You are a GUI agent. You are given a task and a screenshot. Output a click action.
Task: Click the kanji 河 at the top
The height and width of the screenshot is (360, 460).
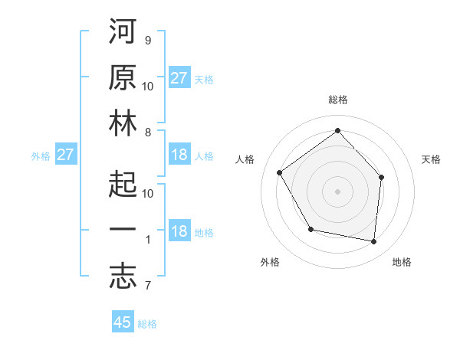click(123, 33)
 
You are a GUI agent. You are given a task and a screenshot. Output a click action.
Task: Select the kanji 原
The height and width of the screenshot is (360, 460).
click(123, 78)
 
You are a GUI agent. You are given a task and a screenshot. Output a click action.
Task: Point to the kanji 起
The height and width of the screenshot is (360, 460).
click(123, 185)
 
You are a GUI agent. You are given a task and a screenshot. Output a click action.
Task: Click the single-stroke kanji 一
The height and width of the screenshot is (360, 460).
click(123, 231)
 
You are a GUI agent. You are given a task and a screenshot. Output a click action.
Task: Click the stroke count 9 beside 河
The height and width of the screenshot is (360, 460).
click(147, 40)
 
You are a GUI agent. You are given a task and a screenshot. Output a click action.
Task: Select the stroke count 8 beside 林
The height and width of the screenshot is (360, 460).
click(147, 132)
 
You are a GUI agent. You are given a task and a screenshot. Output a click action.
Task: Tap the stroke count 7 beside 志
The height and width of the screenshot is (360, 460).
click(147, 286)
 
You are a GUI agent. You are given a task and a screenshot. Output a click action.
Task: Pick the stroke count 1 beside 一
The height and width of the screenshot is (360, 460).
click(147, 240)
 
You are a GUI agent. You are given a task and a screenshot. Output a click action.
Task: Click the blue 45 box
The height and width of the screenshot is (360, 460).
click(123, 322)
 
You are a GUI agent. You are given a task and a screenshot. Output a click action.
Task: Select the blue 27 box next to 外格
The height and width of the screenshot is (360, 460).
click(66, 155)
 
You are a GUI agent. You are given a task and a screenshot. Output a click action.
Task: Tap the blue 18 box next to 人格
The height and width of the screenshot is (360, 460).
click(179, 155)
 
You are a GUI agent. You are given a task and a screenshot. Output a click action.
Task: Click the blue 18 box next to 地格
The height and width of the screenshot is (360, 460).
click(179, 232)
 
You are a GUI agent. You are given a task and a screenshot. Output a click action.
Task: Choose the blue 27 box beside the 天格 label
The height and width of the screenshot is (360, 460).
click(179, 78)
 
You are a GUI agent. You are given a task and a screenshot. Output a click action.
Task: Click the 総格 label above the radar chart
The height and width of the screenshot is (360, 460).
click(337, 100)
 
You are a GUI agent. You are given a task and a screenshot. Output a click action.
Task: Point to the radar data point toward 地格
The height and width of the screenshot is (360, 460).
click(374, 241)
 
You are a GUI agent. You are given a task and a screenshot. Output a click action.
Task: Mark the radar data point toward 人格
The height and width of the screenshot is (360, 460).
click(280, 172)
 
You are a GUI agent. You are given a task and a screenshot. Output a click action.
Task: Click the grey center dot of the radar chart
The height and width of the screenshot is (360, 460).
click(337, 191)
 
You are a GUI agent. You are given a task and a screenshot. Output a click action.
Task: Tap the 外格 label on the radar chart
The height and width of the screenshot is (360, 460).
click(270, 262)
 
